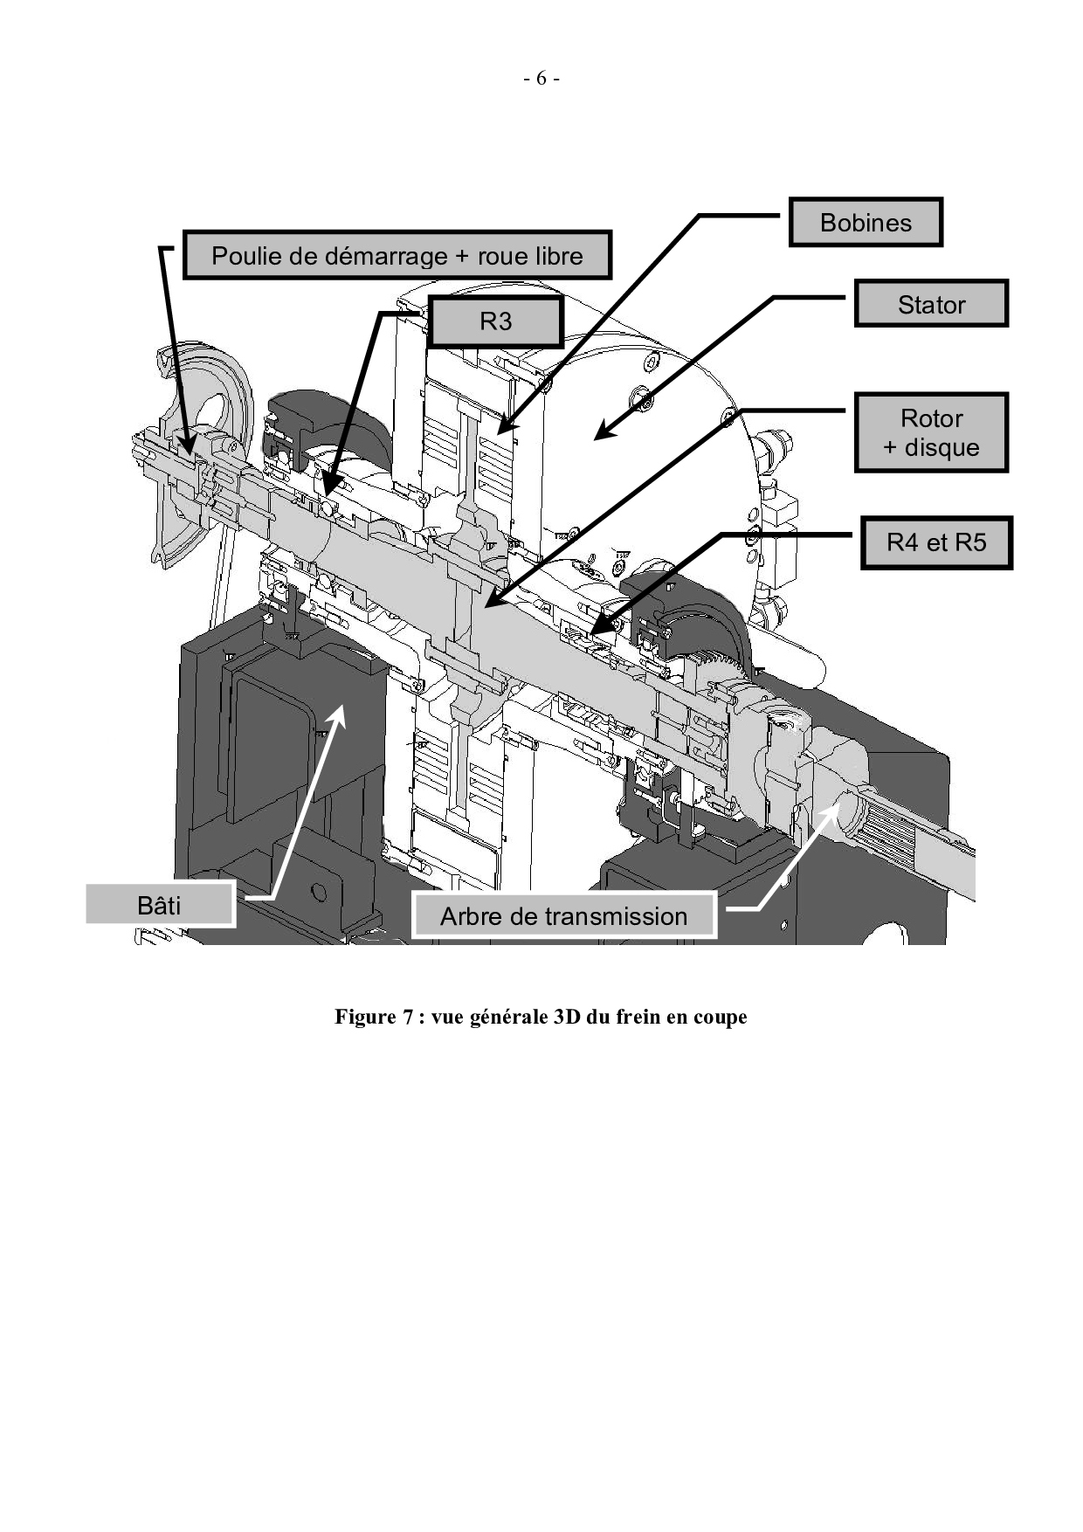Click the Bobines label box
[865, 223]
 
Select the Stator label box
[931, 304]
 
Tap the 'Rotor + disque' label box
[931, 433]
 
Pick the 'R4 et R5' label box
[936, 542]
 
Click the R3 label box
[495, 321]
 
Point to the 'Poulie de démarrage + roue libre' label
[397, 256]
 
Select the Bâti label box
[160, 905]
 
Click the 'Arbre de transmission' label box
[563, 915]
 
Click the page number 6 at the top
[541, 79]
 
